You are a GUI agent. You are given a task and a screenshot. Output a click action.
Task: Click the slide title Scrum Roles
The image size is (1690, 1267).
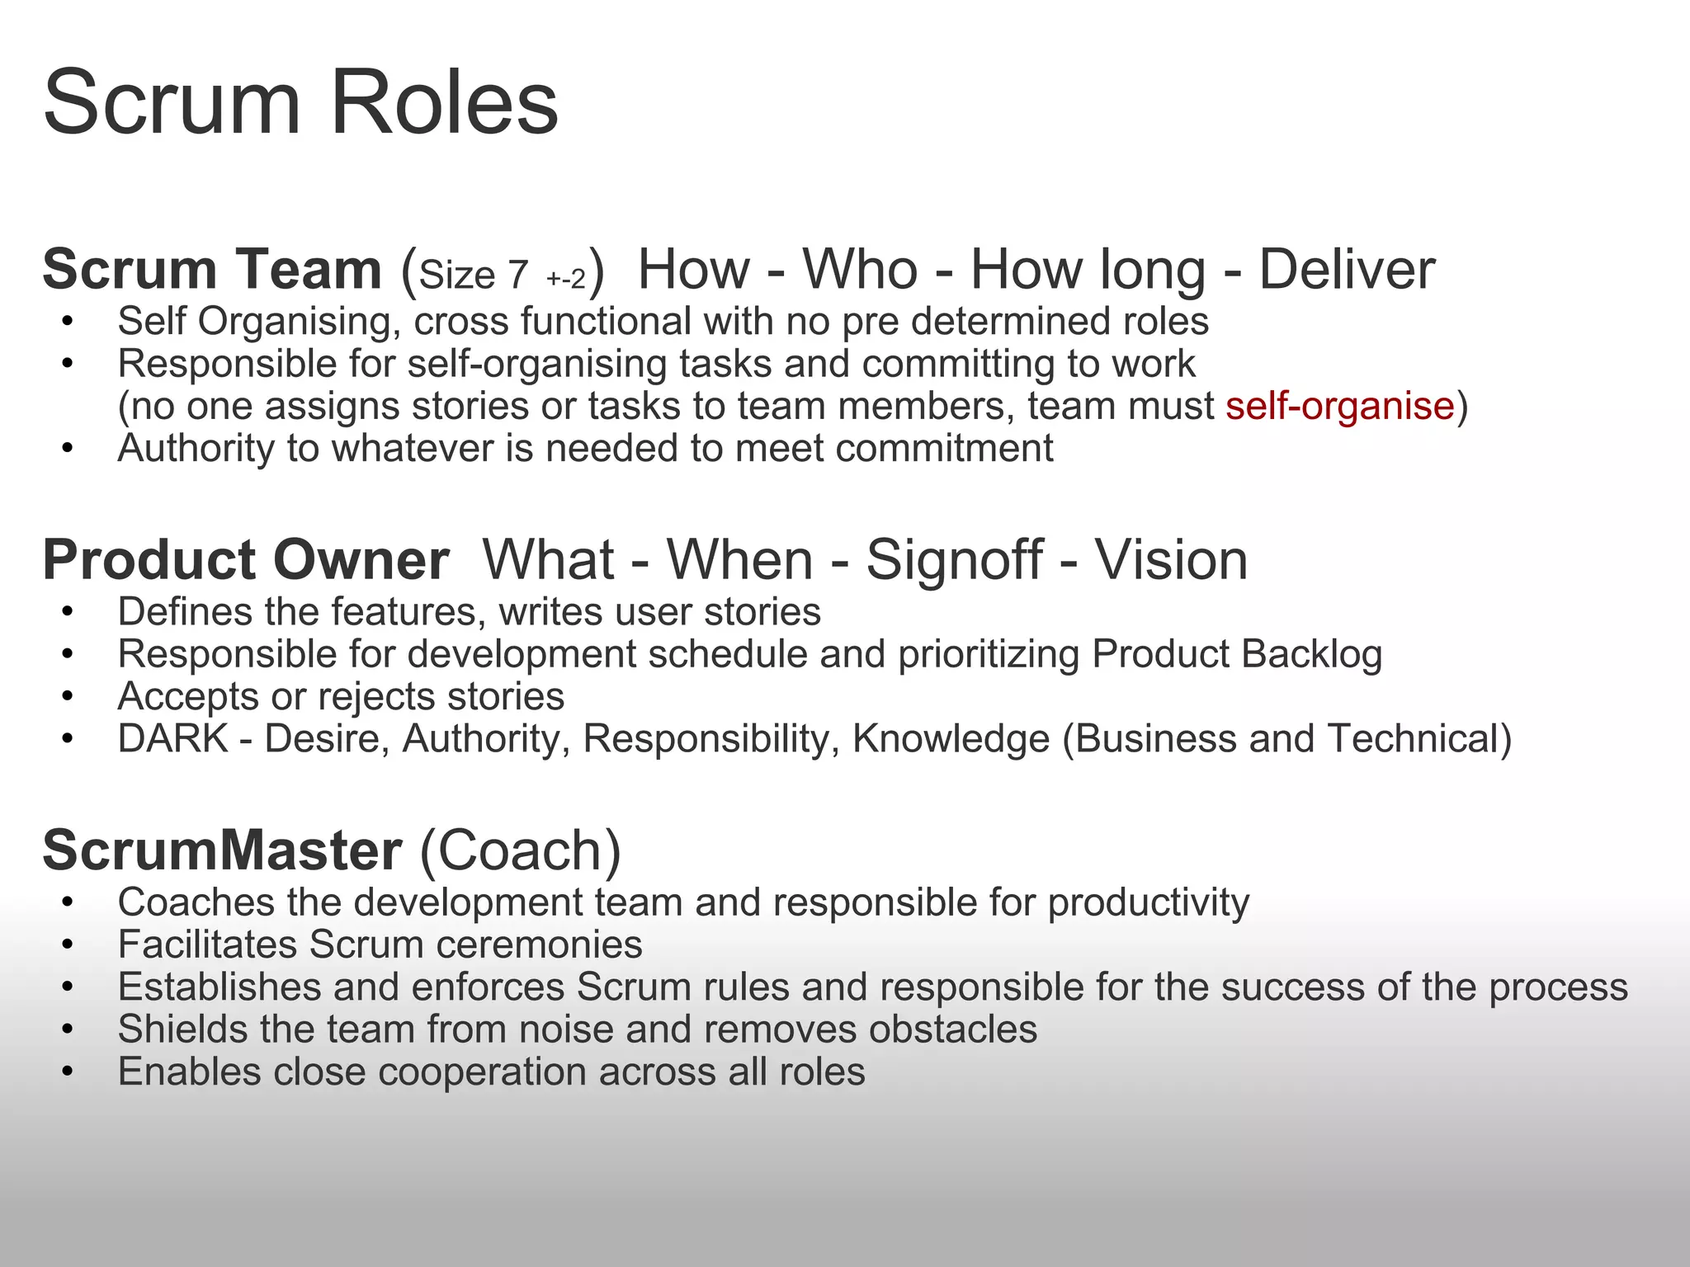(300, 102)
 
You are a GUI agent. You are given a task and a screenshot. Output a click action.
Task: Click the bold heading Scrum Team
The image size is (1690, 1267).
(212, 270)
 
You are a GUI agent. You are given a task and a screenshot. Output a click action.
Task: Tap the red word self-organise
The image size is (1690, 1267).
(1339, 406)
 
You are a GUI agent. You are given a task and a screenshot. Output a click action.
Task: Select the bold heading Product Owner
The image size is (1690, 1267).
(246, 560)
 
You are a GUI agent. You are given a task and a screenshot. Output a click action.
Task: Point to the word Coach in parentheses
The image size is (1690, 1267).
(520, 850)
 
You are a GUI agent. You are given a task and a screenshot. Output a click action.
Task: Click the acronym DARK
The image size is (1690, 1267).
(173, 738)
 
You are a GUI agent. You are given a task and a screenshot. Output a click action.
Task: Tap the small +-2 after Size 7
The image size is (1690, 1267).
(566, 278)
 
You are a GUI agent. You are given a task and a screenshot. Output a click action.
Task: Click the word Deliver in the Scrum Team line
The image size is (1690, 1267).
(1347, 270)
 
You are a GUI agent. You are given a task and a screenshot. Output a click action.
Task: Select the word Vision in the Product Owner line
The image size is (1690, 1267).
(1171, 560)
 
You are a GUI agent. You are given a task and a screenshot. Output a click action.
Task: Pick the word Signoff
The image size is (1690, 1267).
(954, 560)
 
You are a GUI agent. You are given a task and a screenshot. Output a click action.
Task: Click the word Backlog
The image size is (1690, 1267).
(1311, 654)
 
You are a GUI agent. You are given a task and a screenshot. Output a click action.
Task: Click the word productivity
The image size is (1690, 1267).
(1149, 902)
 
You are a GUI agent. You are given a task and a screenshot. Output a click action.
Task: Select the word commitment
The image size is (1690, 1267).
(944, 449)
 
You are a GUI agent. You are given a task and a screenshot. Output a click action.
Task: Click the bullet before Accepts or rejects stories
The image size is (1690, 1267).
(68, 697)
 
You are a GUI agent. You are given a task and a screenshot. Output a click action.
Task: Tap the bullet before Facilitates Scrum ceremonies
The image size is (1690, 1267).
(68, 945)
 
